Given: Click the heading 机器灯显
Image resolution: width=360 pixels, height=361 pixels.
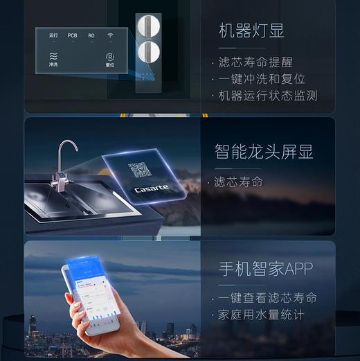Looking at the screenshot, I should pyautogui.click(x=251, y=30).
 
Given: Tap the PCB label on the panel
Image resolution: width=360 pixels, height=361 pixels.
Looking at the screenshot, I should pyautogui.click(x=73, y=35).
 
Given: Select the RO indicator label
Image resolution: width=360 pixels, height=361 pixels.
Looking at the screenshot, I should pyautogui.click(x=91, y=35).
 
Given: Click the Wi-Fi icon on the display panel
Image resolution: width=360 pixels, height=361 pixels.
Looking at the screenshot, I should pyautogui.click(x=109, y=35).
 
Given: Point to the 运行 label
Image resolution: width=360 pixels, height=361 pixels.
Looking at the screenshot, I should pyautogui.click(x=54, y=35).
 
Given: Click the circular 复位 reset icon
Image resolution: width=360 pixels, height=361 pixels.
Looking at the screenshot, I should pyautogui.click(x=109, y=57).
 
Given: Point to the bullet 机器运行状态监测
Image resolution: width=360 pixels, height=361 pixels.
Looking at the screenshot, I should pyautogui.click(x=267, y=96).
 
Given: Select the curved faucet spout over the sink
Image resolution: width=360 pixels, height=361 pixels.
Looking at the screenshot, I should pyautogui.click(x=66, y=149).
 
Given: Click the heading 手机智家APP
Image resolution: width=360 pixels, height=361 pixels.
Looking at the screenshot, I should pyautogui.click(x=263, y=268).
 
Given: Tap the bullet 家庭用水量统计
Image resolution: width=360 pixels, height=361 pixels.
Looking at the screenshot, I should pyautogui.click(x=261, y=315).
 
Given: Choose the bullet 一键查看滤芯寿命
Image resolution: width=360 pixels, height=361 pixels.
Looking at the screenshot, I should pyautogui.click(x=267, y=298).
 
